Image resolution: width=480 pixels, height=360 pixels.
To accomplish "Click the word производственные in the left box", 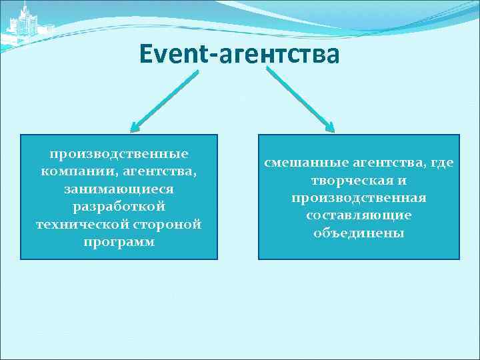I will (x=119, y=154).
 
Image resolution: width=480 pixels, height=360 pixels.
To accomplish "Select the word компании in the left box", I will (x=72, y=171).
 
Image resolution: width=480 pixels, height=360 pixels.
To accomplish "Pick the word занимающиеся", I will (x=119, y=189).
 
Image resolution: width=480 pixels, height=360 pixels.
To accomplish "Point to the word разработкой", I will (x=119, y=207).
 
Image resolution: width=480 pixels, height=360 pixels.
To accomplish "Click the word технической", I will (x=76, y=224).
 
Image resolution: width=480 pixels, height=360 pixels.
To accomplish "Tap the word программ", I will (x=119, y=241).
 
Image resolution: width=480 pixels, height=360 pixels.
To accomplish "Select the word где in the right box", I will (x=442, y=163).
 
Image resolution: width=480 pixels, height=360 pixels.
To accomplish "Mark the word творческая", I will (x=353, y=181).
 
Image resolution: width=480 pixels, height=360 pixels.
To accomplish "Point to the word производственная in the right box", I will (x=359, y=198).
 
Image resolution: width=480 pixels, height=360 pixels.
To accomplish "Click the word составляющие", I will (x=359, y=215).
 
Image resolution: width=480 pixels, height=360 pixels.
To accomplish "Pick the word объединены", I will (x=359, y=233).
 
